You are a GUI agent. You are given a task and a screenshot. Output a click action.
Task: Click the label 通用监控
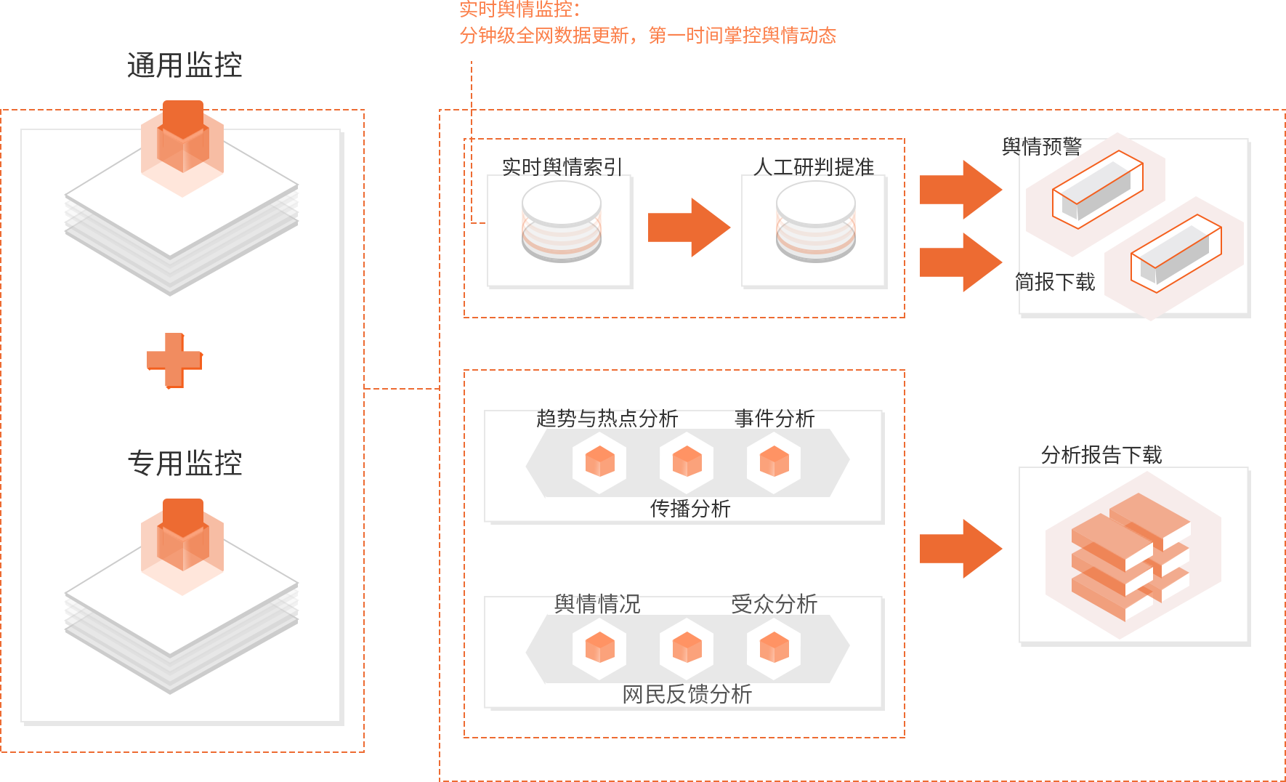click(x=185, y=65)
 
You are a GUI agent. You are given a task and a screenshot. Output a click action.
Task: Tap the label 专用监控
click(x=185, y=463)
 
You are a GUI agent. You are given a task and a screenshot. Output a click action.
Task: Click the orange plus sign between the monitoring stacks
click(x=174, y=360)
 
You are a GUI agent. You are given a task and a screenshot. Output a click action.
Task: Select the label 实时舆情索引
click(x=562, y=166)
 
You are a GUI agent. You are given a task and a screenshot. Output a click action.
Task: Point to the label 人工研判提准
click(x=814, y=166)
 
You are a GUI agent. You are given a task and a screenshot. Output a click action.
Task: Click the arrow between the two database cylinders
click(x=688, y=227)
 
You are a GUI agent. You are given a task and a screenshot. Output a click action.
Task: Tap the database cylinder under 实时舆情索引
click(x=561, y=222)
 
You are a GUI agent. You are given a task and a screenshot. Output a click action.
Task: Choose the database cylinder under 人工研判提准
click(x=815, y=222)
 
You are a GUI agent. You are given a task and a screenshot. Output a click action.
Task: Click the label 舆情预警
click(x=1041, y=147)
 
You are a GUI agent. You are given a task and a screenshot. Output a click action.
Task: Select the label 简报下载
click(x=1055, y=282)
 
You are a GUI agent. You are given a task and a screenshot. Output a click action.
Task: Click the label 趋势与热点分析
click(x=607, y=418)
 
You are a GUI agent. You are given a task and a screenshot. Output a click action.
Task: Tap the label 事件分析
click(x=775, y=418)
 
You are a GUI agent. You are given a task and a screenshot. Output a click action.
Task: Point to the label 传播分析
click(x=689, y=508)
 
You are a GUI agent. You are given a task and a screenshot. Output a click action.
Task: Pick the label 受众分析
click(x=775, y=604)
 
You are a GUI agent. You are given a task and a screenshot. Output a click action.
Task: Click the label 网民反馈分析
click(x=687, y=694)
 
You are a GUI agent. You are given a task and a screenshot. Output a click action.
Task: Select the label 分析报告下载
click(x=1101, y=455)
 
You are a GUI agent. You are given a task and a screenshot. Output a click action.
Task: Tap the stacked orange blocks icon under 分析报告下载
click(x=1131, y=556)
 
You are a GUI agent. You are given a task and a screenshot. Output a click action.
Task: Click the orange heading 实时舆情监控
click(x=519, y=9)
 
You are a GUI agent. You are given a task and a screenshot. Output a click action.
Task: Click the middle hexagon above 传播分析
click(x=687, y=461)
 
